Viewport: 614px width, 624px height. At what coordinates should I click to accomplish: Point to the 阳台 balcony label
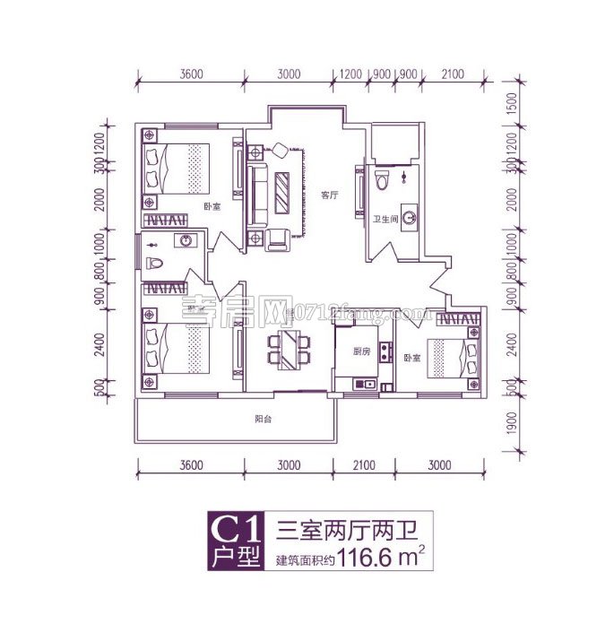pos(263,419)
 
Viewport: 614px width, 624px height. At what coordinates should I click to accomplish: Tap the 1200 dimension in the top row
pos(350,74)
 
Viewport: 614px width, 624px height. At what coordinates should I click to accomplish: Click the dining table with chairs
pos(289,348)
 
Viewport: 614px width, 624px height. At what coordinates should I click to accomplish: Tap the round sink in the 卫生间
pos(410,216)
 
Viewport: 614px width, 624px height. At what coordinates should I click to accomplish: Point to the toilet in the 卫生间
pos(382,178)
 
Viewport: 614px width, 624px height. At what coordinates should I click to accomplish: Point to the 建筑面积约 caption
pos(304,567)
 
